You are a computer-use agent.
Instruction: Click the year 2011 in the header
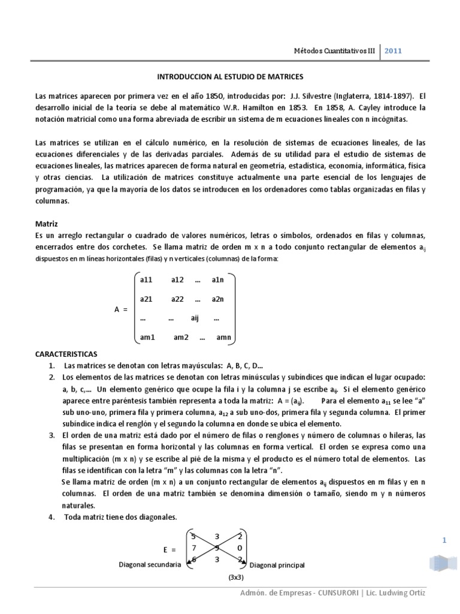393,51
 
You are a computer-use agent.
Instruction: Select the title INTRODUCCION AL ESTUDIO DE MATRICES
230,77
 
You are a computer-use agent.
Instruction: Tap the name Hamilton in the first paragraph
270,108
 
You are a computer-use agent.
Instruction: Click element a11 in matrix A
147,280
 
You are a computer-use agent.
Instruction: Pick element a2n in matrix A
217,299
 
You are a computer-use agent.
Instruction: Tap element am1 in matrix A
147,337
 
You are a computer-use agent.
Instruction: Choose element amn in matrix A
223,337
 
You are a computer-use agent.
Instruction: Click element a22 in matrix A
178,299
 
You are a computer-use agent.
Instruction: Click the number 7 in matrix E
192,546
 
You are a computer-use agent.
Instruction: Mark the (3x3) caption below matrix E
237,578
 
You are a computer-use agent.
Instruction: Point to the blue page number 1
444,540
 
